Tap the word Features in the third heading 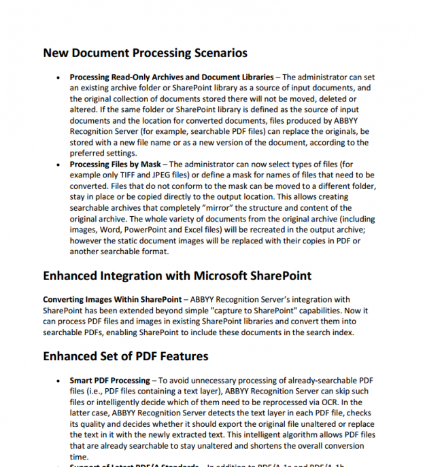click(184, 356)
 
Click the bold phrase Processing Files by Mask click(116, 165)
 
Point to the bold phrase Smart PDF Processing click(109, 381)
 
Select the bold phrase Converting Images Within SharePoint click(112, 300)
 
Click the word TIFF click(129, 175)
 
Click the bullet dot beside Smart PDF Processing click(60, 381)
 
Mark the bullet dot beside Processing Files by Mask click(60, 165)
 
